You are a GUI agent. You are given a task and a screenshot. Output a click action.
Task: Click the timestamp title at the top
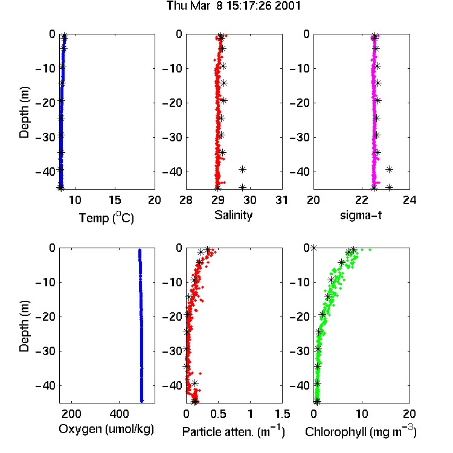coord(234,5)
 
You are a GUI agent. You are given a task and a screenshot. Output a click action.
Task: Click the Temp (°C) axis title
coord(106,217)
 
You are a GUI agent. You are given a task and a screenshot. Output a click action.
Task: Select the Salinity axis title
coord(233,215)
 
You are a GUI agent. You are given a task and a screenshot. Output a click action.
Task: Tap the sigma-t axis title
coord(361,215)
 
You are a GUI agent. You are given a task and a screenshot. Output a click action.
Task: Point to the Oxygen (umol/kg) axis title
coord(106,429)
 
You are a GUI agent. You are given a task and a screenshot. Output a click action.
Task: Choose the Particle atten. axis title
coord(234,431)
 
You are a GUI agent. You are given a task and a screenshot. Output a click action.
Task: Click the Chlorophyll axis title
coord(361,431)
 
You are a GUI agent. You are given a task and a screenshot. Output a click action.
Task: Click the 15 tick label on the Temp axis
coord(115,200)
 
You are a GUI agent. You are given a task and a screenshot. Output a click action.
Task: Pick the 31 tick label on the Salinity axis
coord(281,200)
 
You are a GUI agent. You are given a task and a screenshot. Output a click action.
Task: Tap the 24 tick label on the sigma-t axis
coord(410,200)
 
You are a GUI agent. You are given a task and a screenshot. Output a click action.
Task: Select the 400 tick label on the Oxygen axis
coord(119,414)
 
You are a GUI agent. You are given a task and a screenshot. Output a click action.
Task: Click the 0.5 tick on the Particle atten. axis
coord(218,414)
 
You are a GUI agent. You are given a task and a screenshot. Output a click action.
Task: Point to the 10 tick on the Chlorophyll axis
coord(361,414)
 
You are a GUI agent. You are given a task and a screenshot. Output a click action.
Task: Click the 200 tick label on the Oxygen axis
coord(71,414)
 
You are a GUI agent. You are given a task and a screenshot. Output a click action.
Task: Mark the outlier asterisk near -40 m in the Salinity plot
coord(242,169)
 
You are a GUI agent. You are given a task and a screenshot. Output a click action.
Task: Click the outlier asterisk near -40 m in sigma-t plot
coord(390,169)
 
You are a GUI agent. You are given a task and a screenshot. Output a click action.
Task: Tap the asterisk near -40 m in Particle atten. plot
coord(194,383)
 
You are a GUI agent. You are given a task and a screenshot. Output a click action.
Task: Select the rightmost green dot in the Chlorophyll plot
coord(370,249)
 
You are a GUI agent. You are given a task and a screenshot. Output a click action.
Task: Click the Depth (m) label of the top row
coord(24,112)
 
